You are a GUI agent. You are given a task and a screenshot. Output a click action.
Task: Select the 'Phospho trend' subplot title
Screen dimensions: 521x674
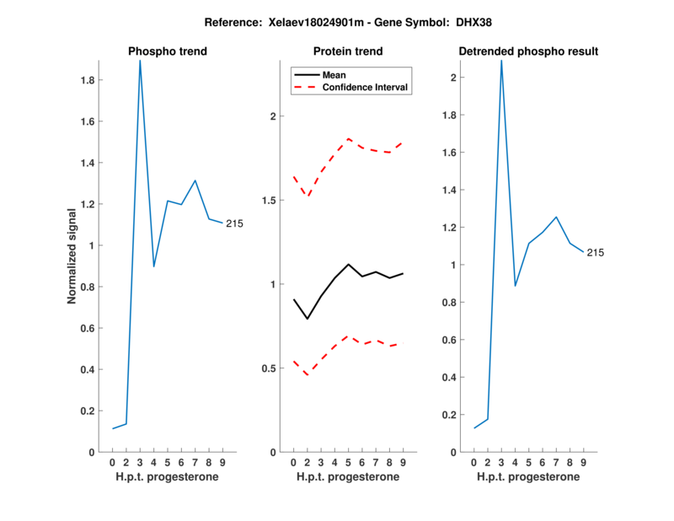(x=168, y=51)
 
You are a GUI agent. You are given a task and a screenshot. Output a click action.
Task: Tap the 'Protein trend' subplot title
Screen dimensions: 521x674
(x=348, y=51)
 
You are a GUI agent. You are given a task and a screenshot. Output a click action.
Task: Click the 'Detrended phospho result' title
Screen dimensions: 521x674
(x=528, y=51)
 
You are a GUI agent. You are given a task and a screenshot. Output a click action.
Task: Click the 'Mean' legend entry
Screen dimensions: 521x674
(x=334, y=75)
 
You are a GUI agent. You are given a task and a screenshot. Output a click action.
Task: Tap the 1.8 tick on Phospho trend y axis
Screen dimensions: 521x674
(x=87, y=81)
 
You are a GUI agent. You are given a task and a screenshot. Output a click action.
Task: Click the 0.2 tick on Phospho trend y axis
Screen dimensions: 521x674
(x=87, y=411)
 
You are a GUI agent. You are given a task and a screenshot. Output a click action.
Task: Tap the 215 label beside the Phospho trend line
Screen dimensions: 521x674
(x=235, y=223)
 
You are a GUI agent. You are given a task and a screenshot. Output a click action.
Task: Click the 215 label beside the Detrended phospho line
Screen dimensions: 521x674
(x=596, y=252)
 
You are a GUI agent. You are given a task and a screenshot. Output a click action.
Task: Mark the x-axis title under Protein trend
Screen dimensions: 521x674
(x=348, y=477)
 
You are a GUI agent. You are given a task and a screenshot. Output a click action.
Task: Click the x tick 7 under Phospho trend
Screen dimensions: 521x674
(x=195, y=462)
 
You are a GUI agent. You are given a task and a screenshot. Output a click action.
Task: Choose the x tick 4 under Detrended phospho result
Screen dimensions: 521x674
(x=515, y=462)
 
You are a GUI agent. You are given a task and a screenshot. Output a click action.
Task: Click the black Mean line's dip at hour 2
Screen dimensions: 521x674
(x=308, y=319)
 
